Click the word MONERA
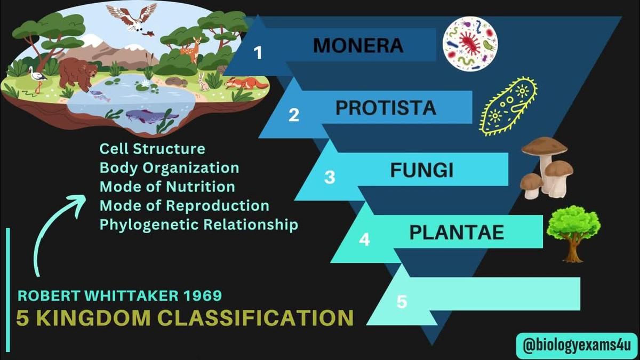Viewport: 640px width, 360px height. (x=358, y=45)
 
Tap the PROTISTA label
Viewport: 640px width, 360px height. (x=386, y=108)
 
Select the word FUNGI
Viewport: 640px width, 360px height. (x=421, y=171)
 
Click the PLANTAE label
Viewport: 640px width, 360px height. (x=457, y=233)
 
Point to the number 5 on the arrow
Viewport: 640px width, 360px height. (x=402, y=302)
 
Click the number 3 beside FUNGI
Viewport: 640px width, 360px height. (x=330, y=178)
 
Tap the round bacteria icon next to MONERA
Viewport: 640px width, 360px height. (x=470, y=44)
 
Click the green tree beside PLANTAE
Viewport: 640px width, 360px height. (x=573, y=232)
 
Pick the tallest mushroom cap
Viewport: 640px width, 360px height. (x=544, y=146)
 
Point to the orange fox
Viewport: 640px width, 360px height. (x=243, y=84)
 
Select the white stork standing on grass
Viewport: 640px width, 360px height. (x=37, y=78)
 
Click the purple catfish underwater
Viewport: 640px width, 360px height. (x=143, y=115)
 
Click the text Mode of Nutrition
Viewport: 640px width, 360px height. (x=167, y=187)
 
